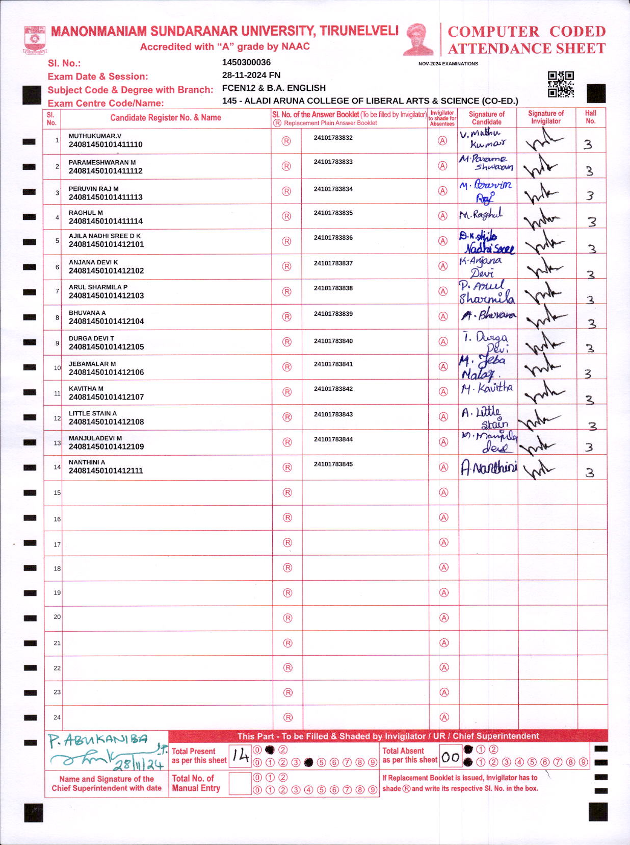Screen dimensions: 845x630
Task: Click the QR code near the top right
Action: pos(561,84)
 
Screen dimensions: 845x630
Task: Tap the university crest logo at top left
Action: pos(35,40)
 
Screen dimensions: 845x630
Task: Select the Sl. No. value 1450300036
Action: pos(246,62)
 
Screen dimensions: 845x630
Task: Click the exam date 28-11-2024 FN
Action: pos(251,75)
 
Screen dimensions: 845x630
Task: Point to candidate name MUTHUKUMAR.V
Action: pos(95,136)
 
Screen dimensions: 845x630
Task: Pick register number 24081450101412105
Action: pos(106,347)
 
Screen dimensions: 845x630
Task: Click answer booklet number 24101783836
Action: pos(333,238)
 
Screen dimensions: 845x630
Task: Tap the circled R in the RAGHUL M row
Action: pos(286,216)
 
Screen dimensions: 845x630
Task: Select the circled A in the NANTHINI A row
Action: pos(443,467)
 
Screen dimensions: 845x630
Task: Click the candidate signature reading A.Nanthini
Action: pos(488,467)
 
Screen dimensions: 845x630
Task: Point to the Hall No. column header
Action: pos(590,117)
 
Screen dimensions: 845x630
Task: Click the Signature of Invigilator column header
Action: pos(545,117)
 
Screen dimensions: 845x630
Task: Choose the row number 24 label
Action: pos(57,717)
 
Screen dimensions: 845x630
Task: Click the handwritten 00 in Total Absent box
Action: pos(451,757)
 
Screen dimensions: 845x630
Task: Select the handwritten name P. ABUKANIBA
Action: pos(98,740)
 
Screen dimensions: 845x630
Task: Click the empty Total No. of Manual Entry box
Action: pos(240,783)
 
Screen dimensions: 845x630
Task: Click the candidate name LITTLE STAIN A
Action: pos(93,413)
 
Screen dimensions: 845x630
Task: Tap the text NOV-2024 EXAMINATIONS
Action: pos(448,64)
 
